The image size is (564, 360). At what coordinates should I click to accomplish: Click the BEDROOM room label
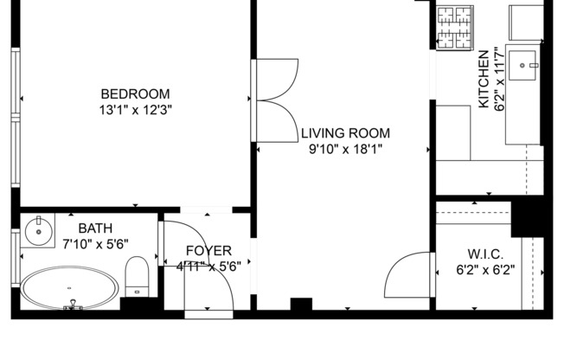pyautogui.click(x=135, y=94)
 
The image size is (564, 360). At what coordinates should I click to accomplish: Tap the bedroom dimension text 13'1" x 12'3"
pyautogui.click(x=135, y=110)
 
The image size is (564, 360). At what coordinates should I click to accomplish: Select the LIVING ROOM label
pyautogui.click(x=345, y=133)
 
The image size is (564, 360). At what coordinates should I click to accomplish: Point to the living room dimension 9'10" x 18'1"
pyautogui.click(x=345, y=149)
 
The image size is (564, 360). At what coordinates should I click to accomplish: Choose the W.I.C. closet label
pyautogui.click(x=484, y=254)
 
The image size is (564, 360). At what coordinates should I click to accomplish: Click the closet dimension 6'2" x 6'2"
pyautogui.click(x=484, y=269)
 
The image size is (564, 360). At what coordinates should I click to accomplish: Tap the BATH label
pyautogui.click(x=95, y=228)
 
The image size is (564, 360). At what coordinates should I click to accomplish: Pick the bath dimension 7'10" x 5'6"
pyautogui.click(x=95, y=243)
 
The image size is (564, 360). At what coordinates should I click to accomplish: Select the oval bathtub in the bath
pyautogui.click(x=69, y=288)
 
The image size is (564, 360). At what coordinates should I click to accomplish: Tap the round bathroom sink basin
pyautogui.click(x=36, y=231)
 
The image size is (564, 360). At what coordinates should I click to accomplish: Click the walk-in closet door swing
pyautogui.click(x=405, y=277)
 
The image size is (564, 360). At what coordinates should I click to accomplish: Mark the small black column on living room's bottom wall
pyautogui.click(x=300, y=305)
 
